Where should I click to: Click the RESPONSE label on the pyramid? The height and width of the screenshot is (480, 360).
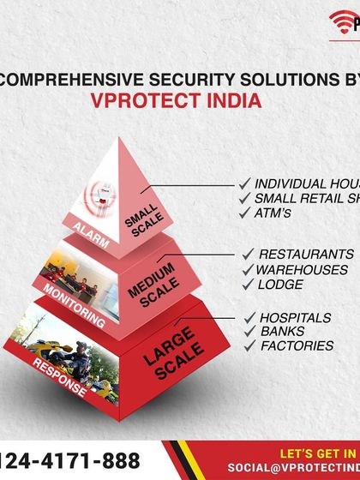[x=59, y=378]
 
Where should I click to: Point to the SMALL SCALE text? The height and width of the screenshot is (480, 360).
[x=141, y=222]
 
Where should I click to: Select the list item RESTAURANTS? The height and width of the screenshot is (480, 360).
[x=305, y=255]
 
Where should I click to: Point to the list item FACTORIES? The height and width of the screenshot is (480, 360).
[x=297, y=345]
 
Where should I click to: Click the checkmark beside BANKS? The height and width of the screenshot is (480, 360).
[x=252, y=331]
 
